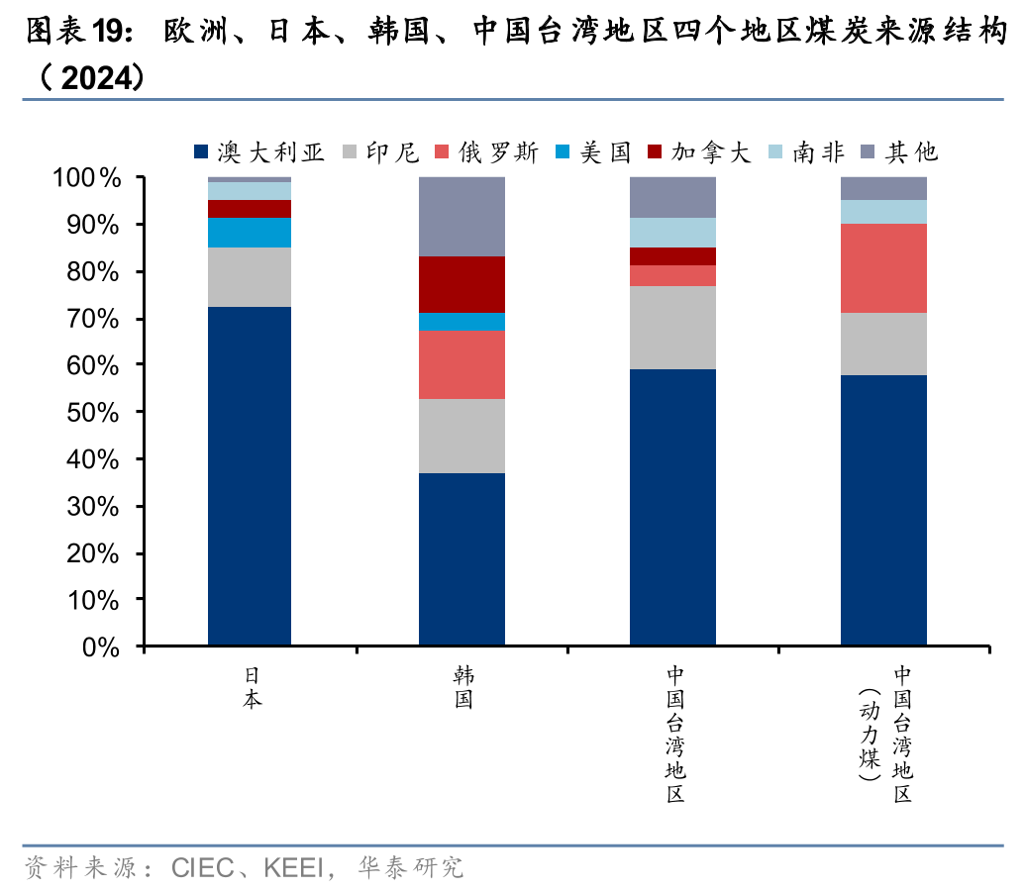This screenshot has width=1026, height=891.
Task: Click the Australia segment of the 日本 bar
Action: pos(250,476)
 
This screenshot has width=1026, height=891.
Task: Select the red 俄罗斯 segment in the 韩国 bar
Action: pos(462,364)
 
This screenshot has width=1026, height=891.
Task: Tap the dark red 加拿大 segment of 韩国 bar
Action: pos(462,284)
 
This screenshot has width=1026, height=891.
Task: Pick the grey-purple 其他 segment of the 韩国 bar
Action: pos(462,217)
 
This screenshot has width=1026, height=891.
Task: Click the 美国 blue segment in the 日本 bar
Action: pos(250,232)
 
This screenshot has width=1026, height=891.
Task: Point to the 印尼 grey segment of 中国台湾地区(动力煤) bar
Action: pos(883,344)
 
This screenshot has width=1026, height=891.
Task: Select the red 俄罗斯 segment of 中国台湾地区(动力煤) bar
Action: pos(883,268)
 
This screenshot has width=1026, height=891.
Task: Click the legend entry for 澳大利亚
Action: pos(259,151)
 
